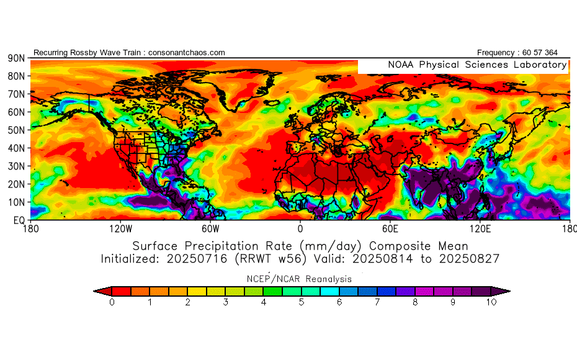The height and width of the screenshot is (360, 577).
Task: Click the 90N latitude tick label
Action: (16, 58)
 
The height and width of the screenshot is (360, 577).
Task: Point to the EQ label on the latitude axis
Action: (18, 220)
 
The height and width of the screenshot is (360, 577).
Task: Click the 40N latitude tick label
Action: (16, 148)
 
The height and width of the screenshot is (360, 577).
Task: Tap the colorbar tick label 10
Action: (491, 302)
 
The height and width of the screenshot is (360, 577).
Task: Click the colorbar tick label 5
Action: (301, 302)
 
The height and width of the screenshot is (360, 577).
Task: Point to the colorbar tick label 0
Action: (112, 302)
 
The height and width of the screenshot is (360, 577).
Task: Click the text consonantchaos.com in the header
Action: (187, 53)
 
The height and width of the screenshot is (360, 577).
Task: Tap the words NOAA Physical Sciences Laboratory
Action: (476, 65)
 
